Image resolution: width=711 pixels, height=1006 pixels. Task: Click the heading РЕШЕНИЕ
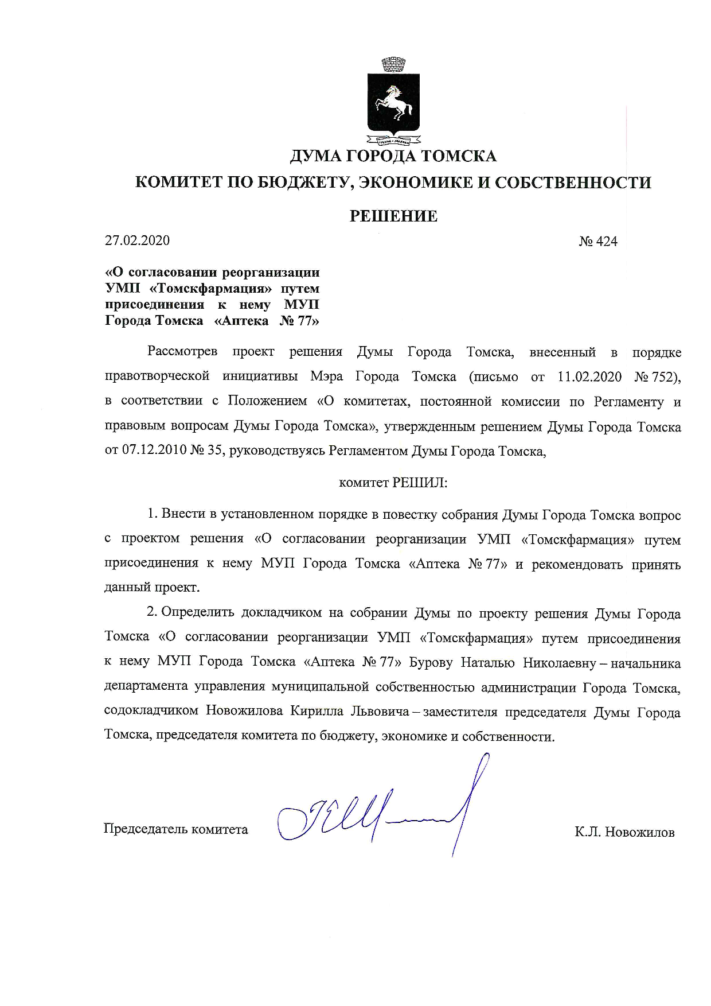coord(393,216)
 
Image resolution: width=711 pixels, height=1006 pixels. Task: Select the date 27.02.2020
coord(137,240)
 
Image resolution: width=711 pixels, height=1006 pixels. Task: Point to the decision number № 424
coord(598,242)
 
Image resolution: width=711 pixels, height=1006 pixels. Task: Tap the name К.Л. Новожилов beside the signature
coord(624,832)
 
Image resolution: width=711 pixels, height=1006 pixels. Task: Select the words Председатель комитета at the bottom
coord(175,829)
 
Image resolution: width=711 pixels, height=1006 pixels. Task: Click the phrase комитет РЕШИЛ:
coord(393,483)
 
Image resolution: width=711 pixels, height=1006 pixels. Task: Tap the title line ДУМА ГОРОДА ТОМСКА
coord(393,156)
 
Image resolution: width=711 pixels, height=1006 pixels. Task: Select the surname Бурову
coord(431,663)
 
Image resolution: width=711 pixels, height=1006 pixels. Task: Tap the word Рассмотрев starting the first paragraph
coord(182,351)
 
